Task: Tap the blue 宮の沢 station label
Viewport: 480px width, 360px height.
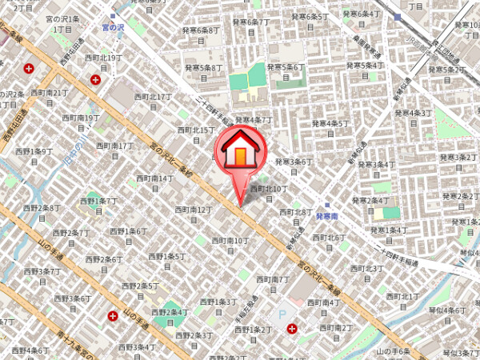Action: point(114,27)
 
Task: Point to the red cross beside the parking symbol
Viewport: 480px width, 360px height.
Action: point(292,328)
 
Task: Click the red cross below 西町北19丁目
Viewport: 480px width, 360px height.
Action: point(96,79)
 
